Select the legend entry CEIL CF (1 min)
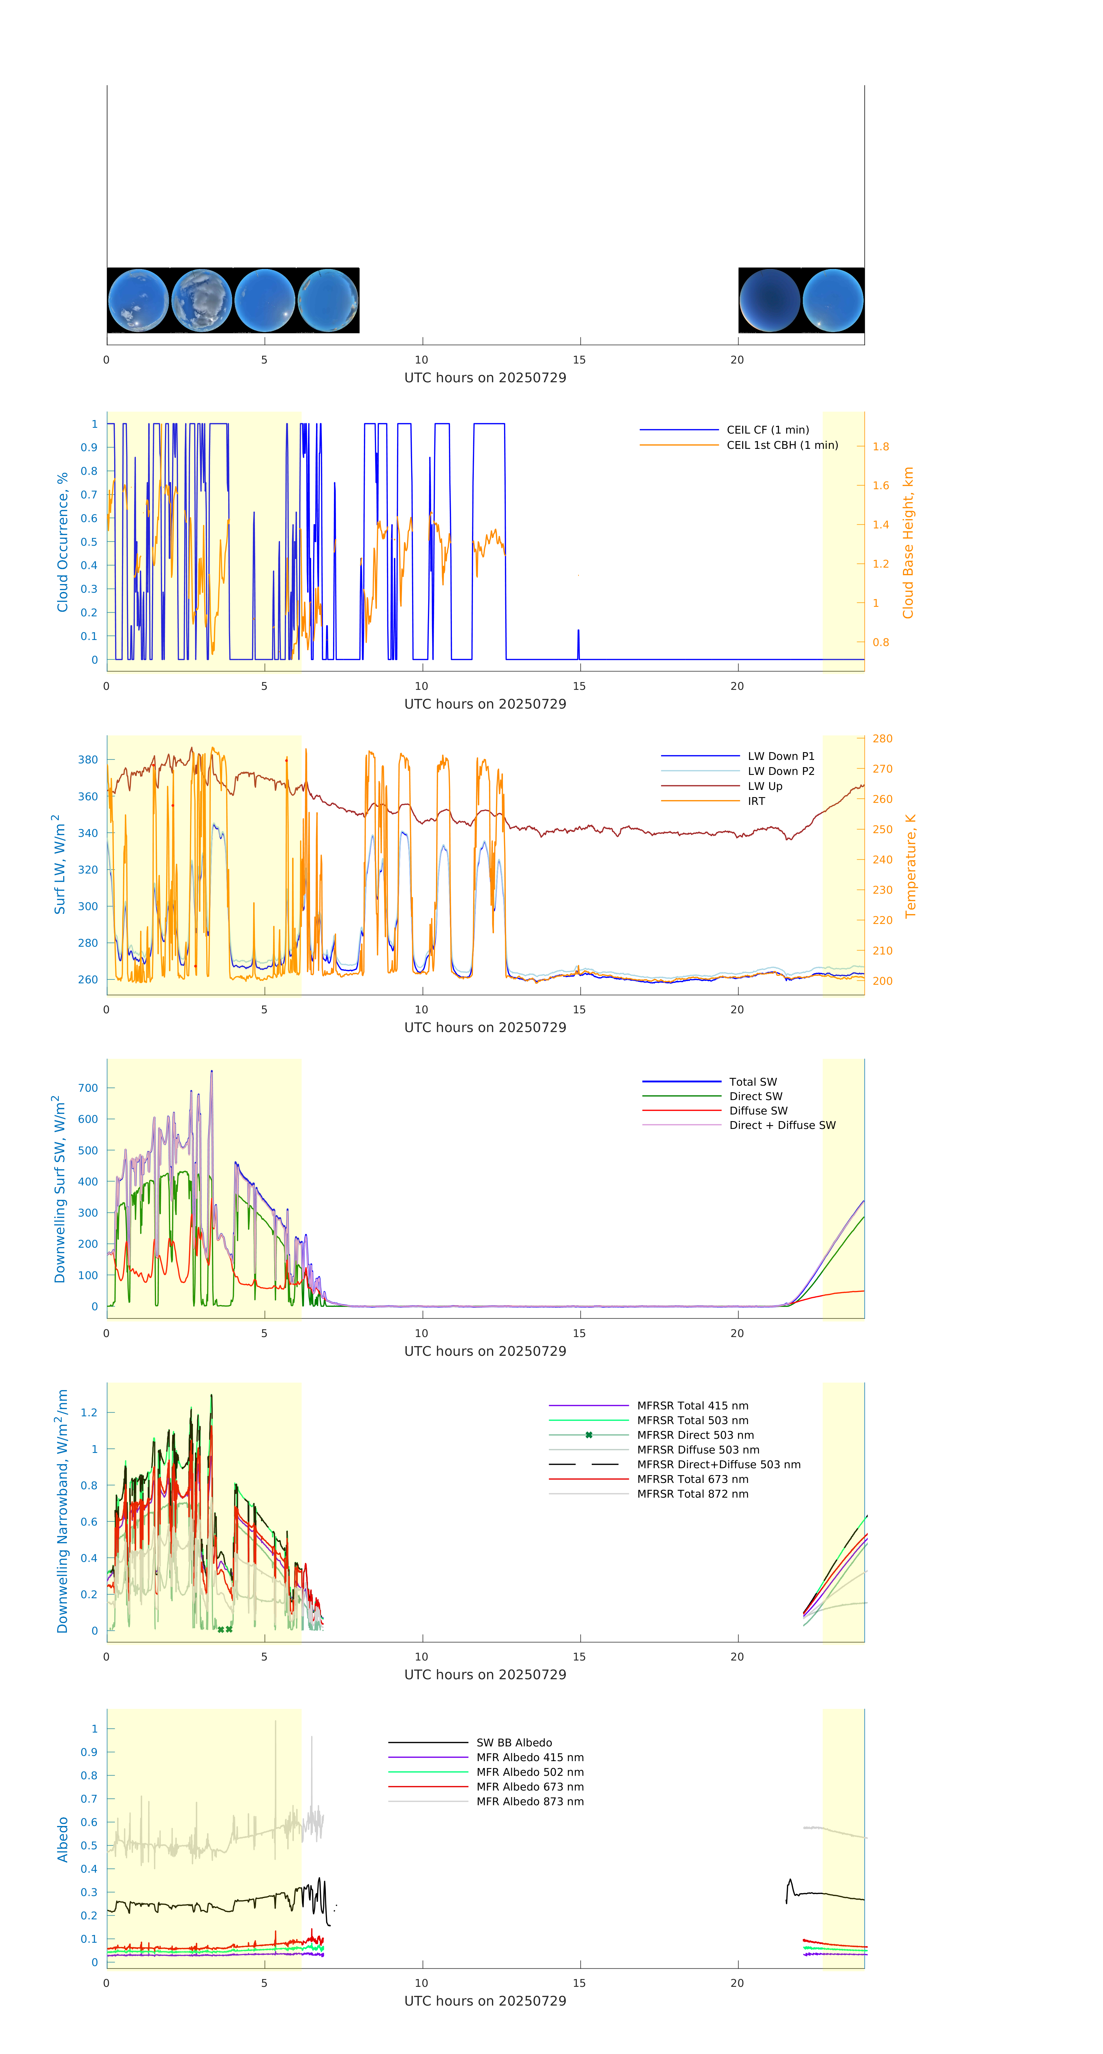click(x=767, y=430)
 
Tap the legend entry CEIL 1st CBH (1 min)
click(x=781, y=445)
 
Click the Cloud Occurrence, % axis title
click(x=62, y=542)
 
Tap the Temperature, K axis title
click(x=910, y=866)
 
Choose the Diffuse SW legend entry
click(x=758, y=1111)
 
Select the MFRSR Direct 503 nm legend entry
click(x=695, y=1435)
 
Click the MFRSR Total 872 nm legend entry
click(x=692, y=1494)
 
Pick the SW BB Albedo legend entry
click(x=514, y=1743)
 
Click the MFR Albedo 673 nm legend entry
click(x=529, y=1787)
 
